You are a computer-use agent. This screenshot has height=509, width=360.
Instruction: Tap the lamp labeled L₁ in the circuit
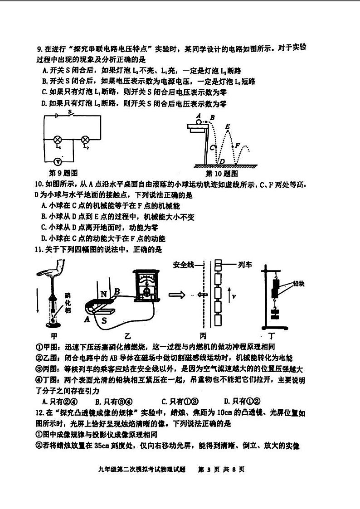coord(58,140)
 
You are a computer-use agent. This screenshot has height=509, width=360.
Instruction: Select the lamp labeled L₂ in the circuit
coord(85,140)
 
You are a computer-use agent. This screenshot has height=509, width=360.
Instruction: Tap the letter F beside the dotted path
coord(237,145)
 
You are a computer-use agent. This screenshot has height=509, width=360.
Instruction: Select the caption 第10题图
coord(223,173)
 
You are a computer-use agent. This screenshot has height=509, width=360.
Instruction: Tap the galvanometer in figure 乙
coord(146,286)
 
